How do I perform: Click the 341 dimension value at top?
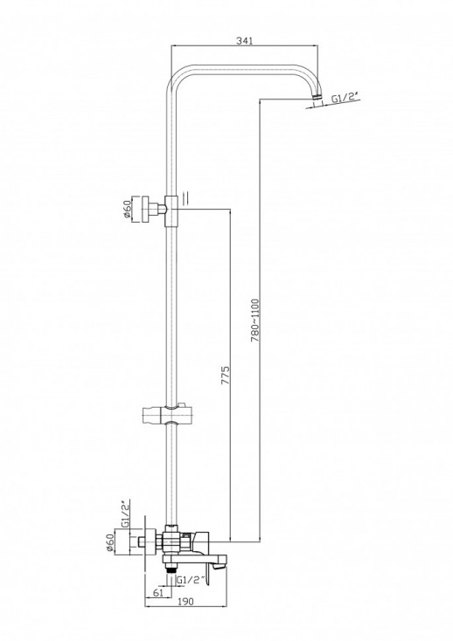[245, 40]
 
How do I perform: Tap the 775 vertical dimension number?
[226, 376]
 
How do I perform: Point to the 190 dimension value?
[185, 602]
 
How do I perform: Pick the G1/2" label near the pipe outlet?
[345, 98]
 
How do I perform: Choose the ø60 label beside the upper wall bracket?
[127, 208]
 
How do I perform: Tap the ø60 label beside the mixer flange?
[109, 542]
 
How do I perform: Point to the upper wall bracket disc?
[145, 209]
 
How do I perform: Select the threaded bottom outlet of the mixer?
[172, 569]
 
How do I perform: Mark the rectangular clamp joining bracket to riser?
[171, 210]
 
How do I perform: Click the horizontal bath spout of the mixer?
[194, 559]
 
